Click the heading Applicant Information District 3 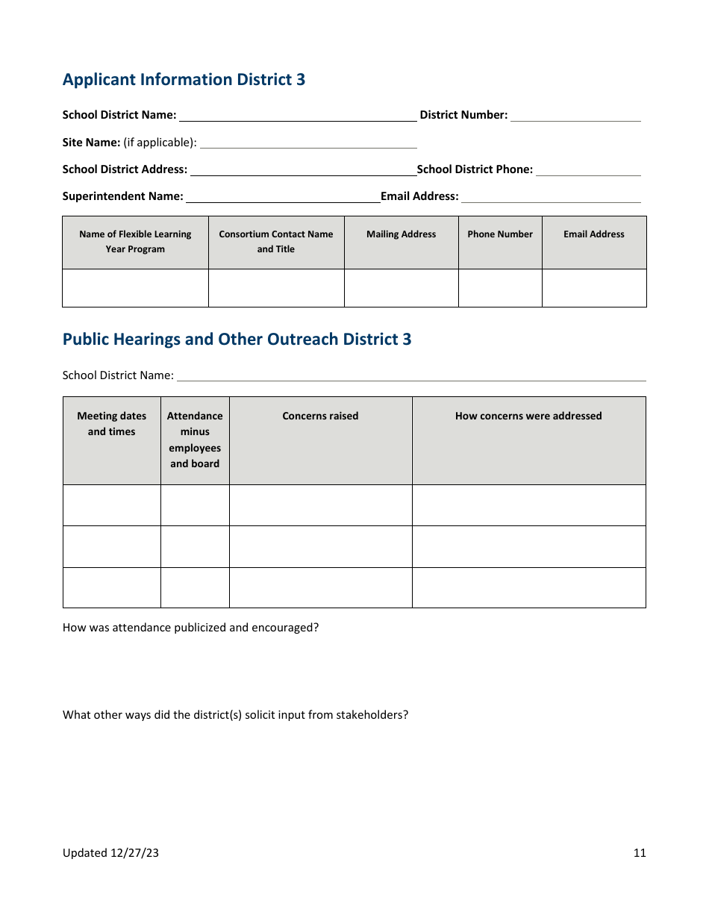(184, 80)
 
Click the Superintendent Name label (122, 196)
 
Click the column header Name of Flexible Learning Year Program (135, 242)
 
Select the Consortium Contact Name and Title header (276, 242)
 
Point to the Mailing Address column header (401, 234)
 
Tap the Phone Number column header (500, 234)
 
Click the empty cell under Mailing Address (401, 288)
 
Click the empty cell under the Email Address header (594, 288)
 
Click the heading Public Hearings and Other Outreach (237, 340)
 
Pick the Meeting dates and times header (112, 424)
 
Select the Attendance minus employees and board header (195, 440)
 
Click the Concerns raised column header (320, 416)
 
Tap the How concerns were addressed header (528, 416)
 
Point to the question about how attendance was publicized (190, 628)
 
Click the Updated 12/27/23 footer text (110, 853)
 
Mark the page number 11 (640, 853)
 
